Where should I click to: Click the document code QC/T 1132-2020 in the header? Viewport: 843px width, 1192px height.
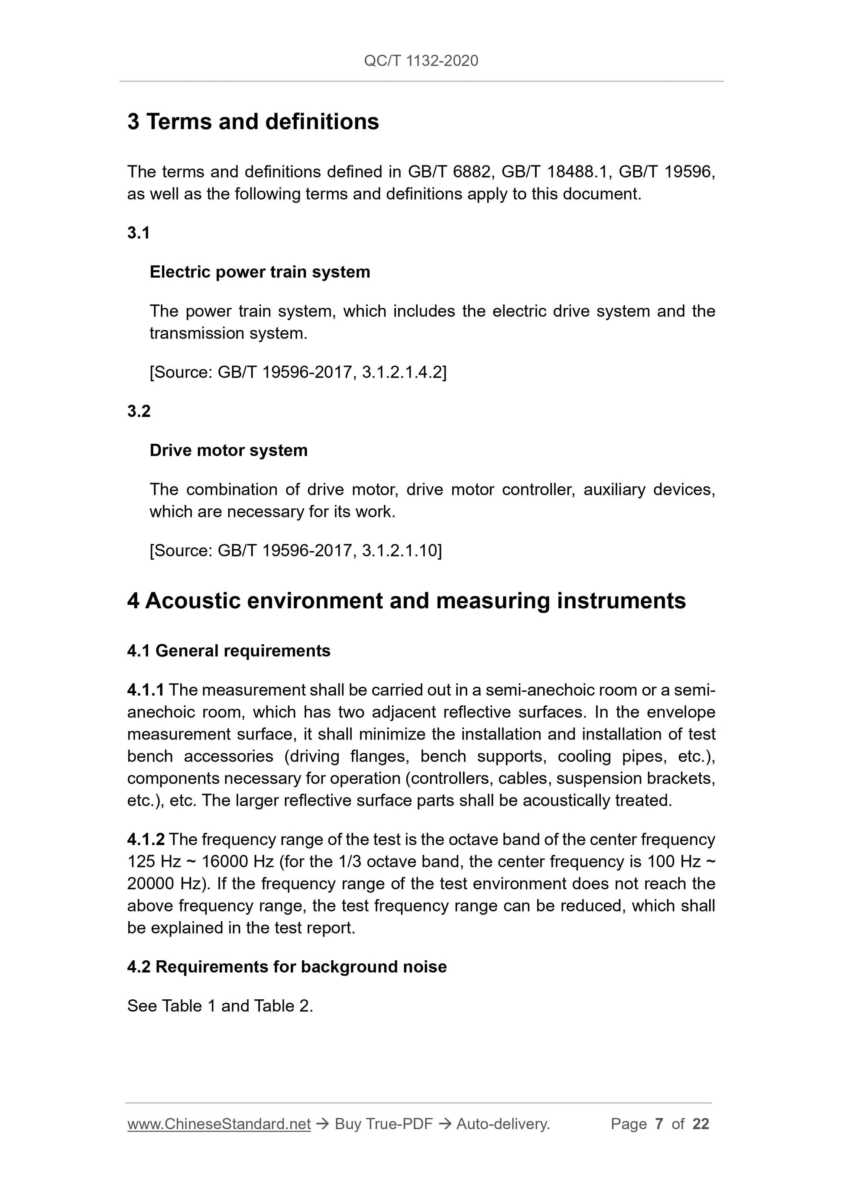[421, 61]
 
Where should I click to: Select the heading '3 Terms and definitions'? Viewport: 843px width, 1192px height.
[253, 122]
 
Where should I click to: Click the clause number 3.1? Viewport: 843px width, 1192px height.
[139, 233]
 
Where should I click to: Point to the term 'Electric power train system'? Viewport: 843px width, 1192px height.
[260, 272]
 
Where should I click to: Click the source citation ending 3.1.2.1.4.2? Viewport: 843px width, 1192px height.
[298, 372]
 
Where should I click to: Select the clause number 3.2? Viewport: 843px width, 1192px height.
[139, 411]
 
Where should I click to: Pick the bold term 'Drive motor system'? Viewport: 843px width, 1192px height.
[229, 450]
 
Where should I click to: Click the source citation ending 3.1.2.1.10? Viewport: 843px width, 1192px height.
[295, 550]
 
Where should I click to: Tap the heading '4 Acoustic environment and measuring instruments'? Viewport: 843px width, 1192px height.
[406, 601]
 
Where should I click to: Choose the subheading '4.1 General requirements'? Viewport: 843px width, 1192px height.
[229, 650]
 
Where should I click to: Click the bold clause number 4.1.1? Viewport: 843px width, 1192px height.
[146, 690]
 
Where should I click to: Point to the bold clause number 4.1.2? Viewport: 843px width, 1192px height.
[146, 840]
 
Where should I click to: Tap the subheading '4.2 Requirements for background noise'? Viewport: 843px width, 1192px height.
[287, 967]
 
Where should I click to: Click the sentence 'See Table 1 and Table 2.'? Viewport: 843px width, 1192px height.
[220, 1006]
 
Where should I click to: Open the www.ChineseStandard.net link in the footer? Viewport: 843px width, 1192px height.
[219, 1124]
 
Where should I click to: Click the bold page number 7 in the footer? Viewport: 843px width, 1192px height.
[659, 1124]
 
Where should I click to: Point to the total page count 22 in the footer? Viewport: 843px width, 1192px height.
[700, 1124]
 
